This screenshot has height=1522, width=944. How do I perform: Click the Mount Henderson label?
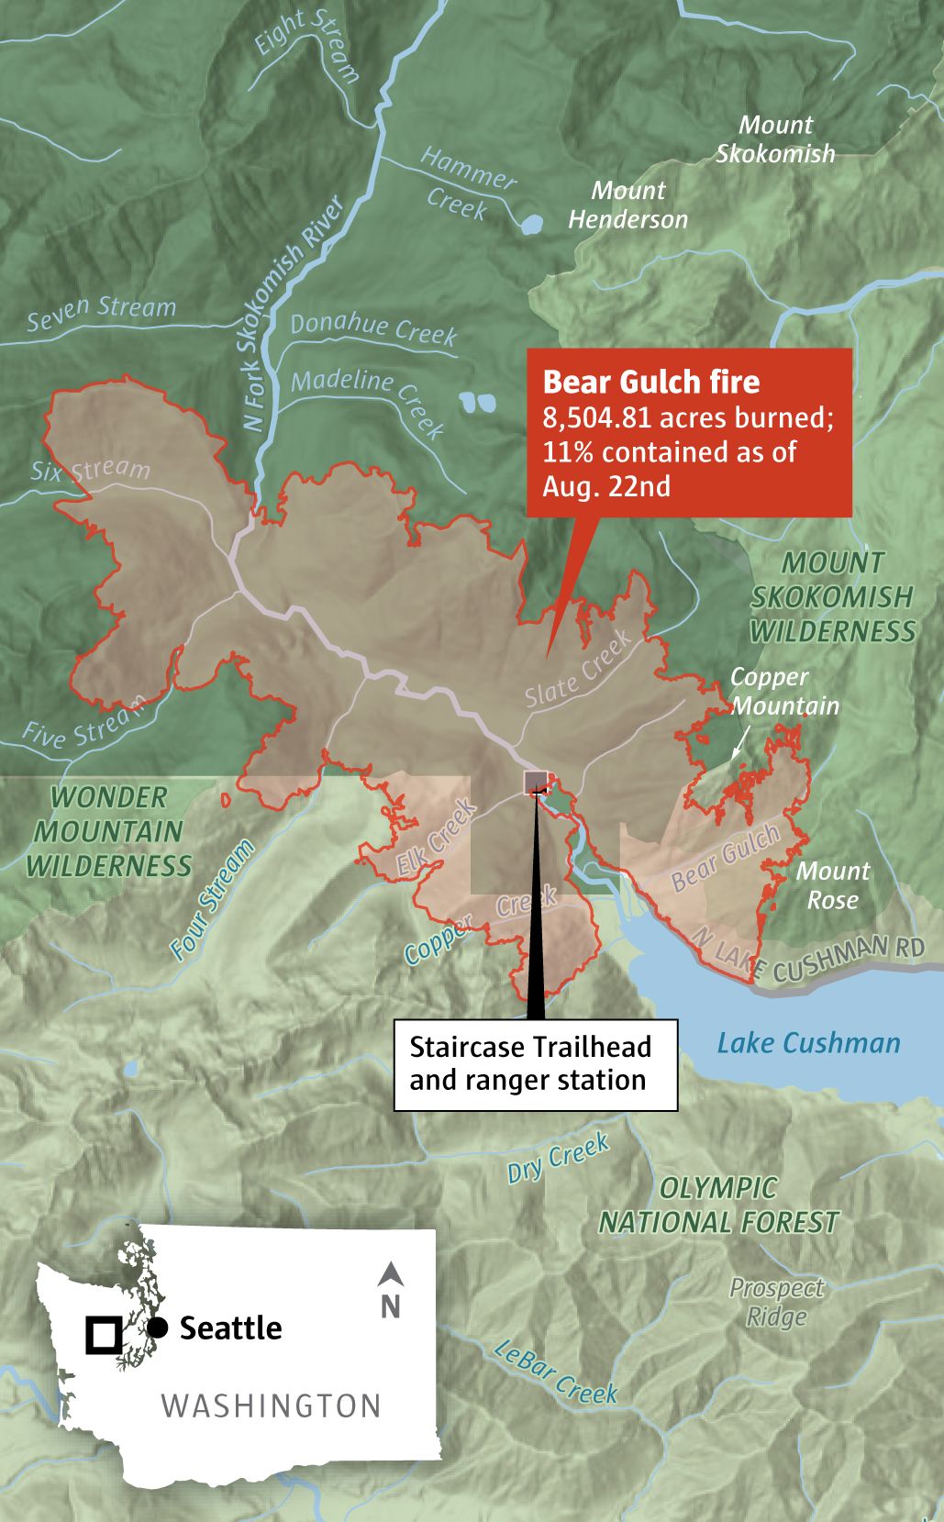(627, 205)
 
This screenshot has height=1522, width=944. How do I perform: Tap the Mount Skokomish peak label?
(775, 139)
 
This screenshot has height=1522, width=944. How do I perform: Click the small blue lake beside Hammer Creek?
(529, 223)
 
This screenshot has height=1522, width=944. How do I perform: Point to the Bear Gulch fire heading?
(650, 382)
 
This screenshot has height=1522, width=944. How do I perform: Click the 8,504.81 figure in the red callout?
(597, 417)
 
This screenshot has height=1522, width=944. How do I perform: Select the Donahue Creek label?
(373, 328)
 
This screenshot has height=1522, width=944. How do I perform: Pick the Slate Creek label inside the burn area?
(578, 669)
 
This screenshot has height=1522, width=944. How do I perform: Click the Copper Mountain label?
(783, 691)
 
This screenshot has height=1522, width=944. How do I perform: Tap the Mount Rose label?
(832, 885)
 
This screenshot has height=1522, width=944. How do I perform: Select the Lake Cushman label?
(808, 1043)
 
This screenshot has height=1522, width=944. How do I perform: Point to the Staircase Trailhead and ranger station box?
(536, 1064)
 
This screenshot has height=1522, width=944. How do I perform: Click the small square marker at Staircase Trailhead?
(536, 783)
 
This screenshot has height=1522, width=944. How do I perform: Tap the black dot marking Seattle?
(158, 1328)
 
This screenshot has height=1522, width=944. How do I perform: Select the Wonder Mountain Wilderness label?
(108, 831)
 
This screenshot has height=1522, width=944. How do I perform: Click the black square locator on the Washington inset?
(103, 1335)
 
